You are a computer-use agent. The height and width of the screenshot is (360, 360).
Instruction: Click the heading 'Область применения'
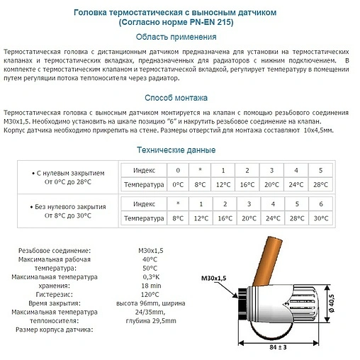click(176, 37)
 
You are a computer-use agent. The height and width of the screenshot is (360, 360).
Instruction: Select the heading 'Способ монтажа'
click(176, 98)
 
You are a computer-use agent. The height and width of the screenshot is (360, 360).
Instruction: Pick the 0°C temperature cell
click(178, 185)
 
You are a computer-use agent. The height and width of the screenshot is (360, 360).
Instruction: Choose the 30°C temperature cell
click(320, 218)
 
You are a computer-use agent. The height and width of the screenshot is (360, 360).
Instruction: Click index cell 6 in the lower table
click(320, 204)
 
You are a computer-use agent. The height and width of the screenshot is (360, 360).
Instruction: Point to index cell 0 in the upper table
click(178, 170)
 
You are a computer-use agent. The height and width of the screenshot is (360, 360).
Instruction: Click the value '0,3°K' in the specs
click(150, 276)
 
